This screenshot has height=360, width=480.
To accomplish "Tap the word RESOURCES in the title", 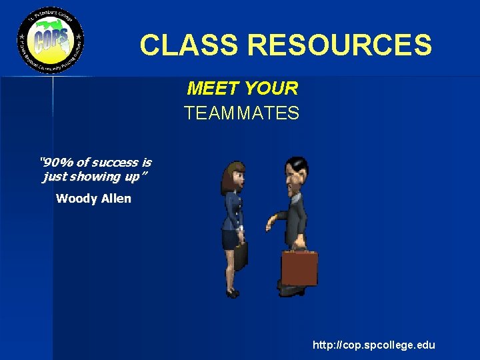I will tap(339, 45).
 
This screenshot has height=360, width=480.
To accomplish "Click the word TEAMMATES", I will tap(242, 113).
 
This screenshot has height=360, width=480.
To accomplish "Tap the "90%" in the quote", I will tap(57, 162).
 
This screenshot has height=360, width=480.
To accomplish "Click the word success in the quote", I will tap(115, 162).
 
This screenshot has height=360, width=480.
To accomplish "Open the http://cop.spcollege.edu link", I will tap(373, 345).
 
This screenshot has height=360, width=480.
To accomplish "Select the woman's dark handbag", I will tap(240, 255).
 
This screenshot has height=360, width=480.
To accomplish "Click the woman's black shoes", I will tap(232, 293).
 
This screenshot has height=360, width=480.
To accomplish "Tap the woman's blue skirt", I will tap(232, 238).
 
